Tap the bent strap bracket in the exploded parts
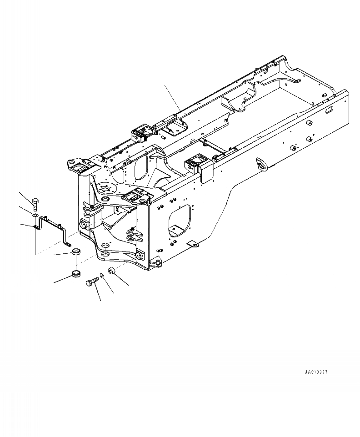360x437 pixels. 54,227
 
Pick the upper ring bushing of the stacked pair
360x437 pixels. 77,252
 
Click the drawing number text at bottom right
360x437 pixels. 316,372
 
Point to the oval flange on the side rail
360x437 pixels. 262,165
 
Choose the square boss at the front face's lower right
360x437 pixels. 140,256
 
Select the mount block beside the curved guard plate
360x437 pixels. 195,164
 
